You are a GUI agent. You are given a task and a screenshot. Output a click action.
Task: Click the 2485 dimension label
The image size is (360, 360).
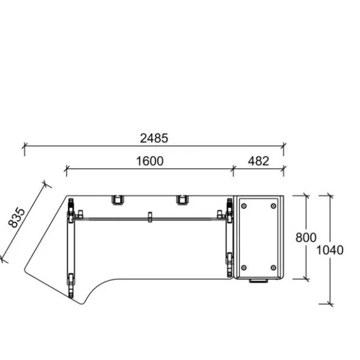pos(154,139)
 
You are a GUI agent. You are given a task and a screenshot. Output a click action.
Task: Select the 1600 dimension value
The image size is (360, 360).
pos(150,161)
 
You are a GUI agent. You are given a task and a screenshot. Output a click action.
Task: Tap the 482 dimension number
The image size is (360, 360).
pos(258,161)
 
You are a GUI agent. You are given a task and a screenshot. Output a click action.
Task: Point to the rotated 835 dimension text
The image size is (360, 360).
pos(16,217)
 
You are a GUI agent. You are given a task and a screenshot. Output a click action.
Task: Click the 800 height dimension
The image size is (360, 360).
pos(306,237)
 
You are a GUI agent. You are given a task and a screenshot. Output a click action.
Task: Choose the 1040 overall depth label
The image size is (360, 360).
pos(329,250)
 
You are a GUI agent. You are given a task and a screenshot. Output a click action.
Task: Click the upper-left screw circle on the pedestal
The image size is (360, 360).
pos(244,206)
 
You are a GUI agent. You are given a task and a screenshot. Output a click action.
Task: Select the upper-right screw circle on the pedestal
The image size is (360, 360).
pos(273,206)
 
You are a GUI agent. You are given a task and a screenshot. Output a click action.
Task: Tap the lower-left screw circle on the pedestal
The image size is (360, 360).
pos(244,268)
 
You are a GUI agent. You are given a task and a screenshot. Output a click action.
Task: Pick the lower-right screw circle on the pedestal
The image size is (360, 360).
pos(273,268)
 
